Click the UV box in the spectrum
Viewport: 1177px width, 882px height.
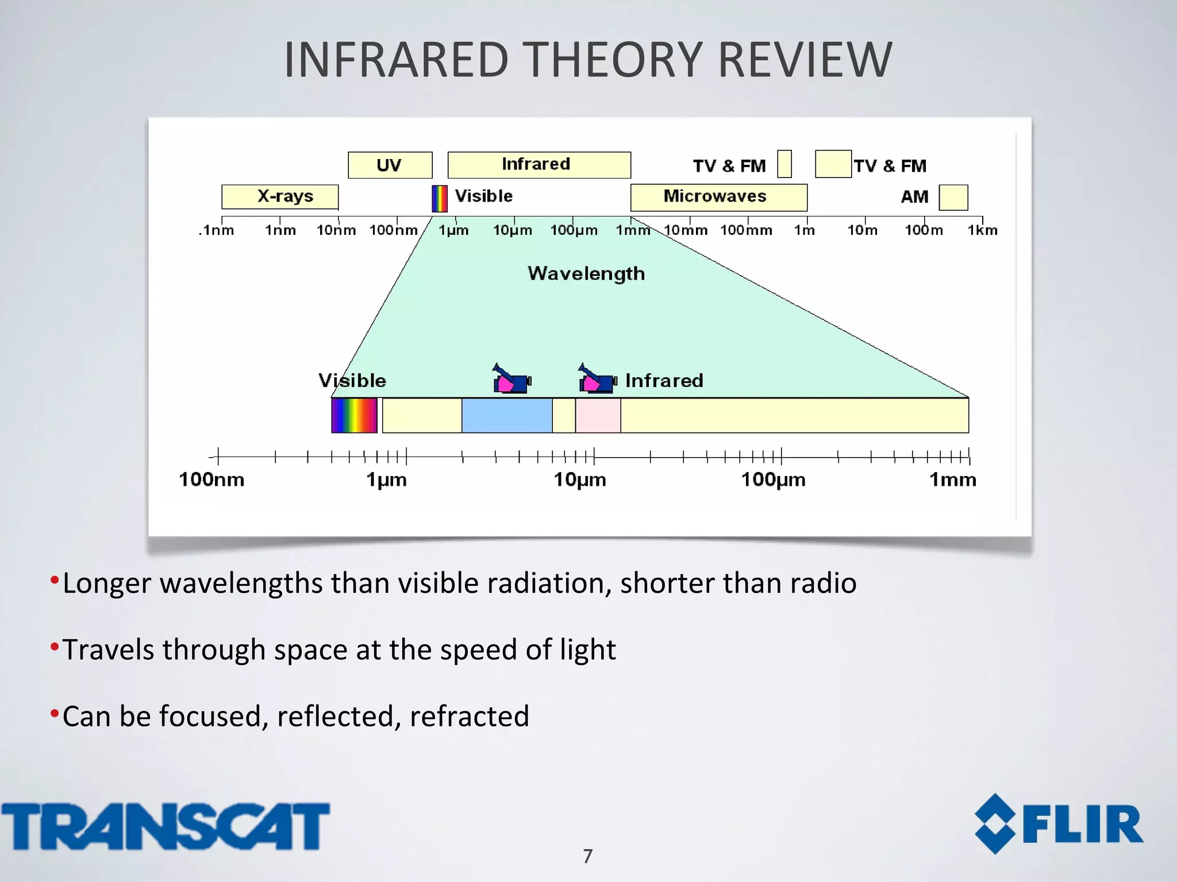390,165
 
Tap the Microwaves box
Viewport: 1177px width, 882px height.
718,197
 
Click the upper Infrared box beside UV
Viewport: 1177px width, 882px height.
539,165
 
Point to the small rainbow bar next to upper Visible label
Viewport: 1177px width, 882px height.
439,199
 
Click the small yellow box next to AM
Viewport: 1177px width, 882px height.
953,198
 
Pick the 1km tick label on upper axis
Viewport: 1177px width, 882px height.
982,231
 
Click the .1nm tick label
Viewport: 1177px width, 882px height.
217,231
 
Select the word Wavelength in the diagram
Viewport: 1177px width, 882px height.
586,273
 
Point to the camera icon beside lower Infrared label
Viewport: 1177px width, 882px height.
597,380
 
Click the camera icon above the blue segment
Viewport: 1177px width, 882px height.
511,380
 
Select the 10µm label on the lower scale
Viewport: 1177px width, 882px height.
579,479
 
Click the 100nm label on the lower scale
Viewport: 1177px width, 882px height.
211,479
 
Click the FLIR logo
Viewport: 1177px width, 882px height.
1059,824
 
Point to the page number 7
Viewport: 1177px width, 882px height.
587,856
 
